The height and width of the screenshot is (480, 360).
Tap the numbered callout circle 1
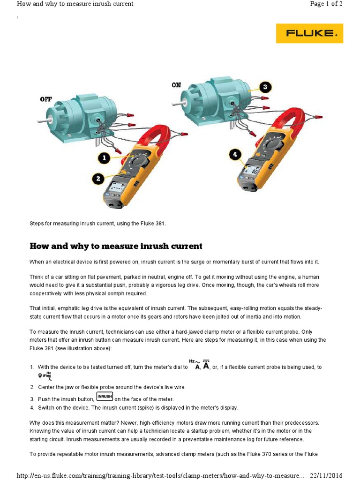point(104,158)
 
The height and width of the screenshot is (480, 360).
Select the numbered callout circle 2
point(98,178)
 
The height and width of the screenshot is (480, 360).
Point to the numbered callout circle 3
point(265,87)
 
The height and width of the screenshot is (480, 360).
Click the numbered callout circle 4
point(236,154)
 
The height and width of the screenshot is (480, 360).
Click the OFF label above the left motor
point(46,99)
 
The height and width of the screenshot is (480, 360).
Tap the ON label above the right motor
point(176,85)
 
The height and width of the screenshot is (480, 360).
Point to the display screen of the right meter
point(253,171)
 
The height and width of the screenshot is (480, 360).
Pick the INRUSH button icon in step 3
point(105,397)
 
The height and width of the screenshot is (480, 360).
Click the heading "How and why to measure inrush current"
point(116,246)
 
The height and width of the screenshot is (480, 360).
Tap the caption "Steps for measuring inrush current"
point(98,224)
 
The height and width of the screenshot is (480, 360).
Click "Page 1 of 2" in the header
point(326,4)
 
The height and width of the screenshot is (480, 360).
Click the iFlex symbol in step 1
point(45,375)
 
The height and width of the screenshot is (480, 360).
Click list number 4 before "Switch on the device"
point(32,407)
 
